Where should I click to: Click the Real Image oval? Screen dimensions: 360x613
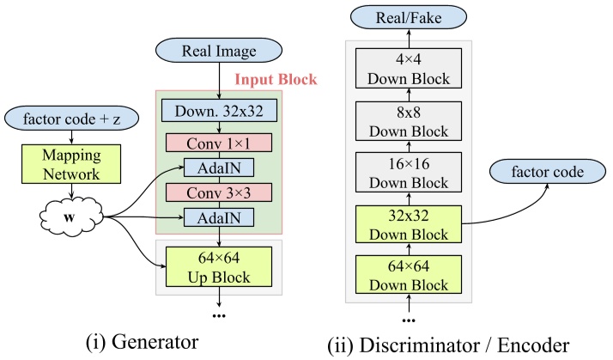[x=218, y=52]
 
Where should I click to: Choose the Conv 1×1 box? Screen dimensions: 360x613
[x=218, y=141]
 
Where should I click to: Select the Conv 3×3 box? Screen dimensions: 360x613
[x=218, y=190]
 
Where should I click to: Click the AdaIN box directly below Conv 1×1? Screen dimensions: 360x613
[x=218, y=166]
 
